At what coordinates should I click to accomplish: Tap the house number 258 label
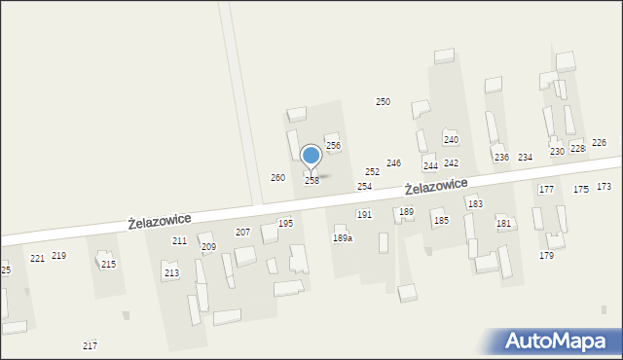click(311, 181)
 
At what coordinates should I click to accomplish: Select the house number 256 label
click(333, 146)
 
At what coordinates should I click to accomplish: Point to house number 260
click(277, 178)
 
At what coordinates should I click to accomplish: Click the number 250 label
click(384, 102)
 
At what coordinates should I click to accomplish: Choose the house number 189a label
click(343, 238)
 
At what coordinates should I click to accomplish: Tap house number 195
click(285, 224)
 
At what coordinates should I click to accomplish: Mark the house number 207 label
click(242, 233)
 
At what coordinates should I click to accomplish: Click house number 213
click(171, 273)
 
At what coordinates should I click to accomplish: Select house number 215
click(108, 265)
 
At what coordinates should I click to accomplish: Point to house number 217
click(90, 346)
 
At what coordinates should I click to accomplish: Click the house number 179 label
click(546, 256)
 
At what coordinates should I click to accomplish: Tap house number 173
click(604, 186)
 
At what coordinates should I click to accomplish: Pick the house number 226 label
click(599, 143)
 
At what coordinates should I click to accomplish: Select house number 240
click(451, 140)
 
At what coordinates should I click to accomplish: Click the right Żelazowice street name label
click(436, 186)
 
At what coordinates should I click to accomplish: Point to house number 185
click(441, 222)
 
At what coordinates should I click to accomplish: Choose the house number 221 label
click(37, 258)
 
